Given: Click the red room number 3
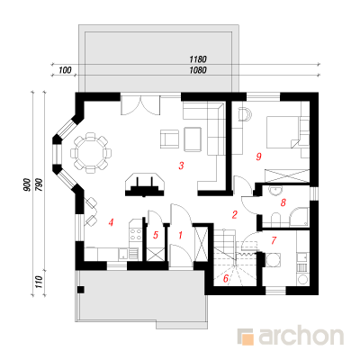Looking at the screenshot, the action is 181,166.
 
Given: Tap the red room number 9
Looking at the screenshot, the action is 259,157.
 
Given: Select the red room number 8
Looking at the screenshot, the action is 283,202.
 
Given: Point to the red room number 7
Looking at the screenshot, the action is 274,240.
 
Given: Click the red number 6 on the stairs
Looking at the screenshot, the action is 226,279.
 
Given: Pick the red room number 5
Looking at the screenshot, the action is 156,235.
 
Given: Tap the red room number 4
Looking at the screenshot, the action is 111,222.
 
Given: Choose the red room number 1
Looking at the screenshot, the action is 180,235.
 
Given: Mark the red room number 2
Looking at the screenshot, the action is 235,214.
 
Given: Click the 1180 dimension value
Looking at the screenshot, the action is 198,59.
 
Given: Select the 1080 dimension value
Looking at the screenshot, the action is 198,70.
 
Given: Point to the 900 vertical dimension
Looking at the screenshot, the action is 27,185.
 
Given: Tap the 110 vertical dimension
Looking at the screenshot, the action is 39,283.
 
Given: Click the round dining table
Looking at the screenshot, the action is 91,153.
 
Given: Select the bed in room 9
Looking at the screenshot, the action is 283,132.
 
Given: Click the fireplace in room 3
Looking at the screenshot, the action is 145,184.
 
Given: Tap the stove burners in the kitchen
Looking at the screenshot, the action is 135,234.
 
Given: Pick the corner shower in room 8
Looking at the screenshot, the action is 299,217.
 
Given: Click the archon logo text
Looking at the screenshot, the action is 301,337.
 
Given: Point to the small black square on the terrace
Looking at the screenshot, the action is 80,290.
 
